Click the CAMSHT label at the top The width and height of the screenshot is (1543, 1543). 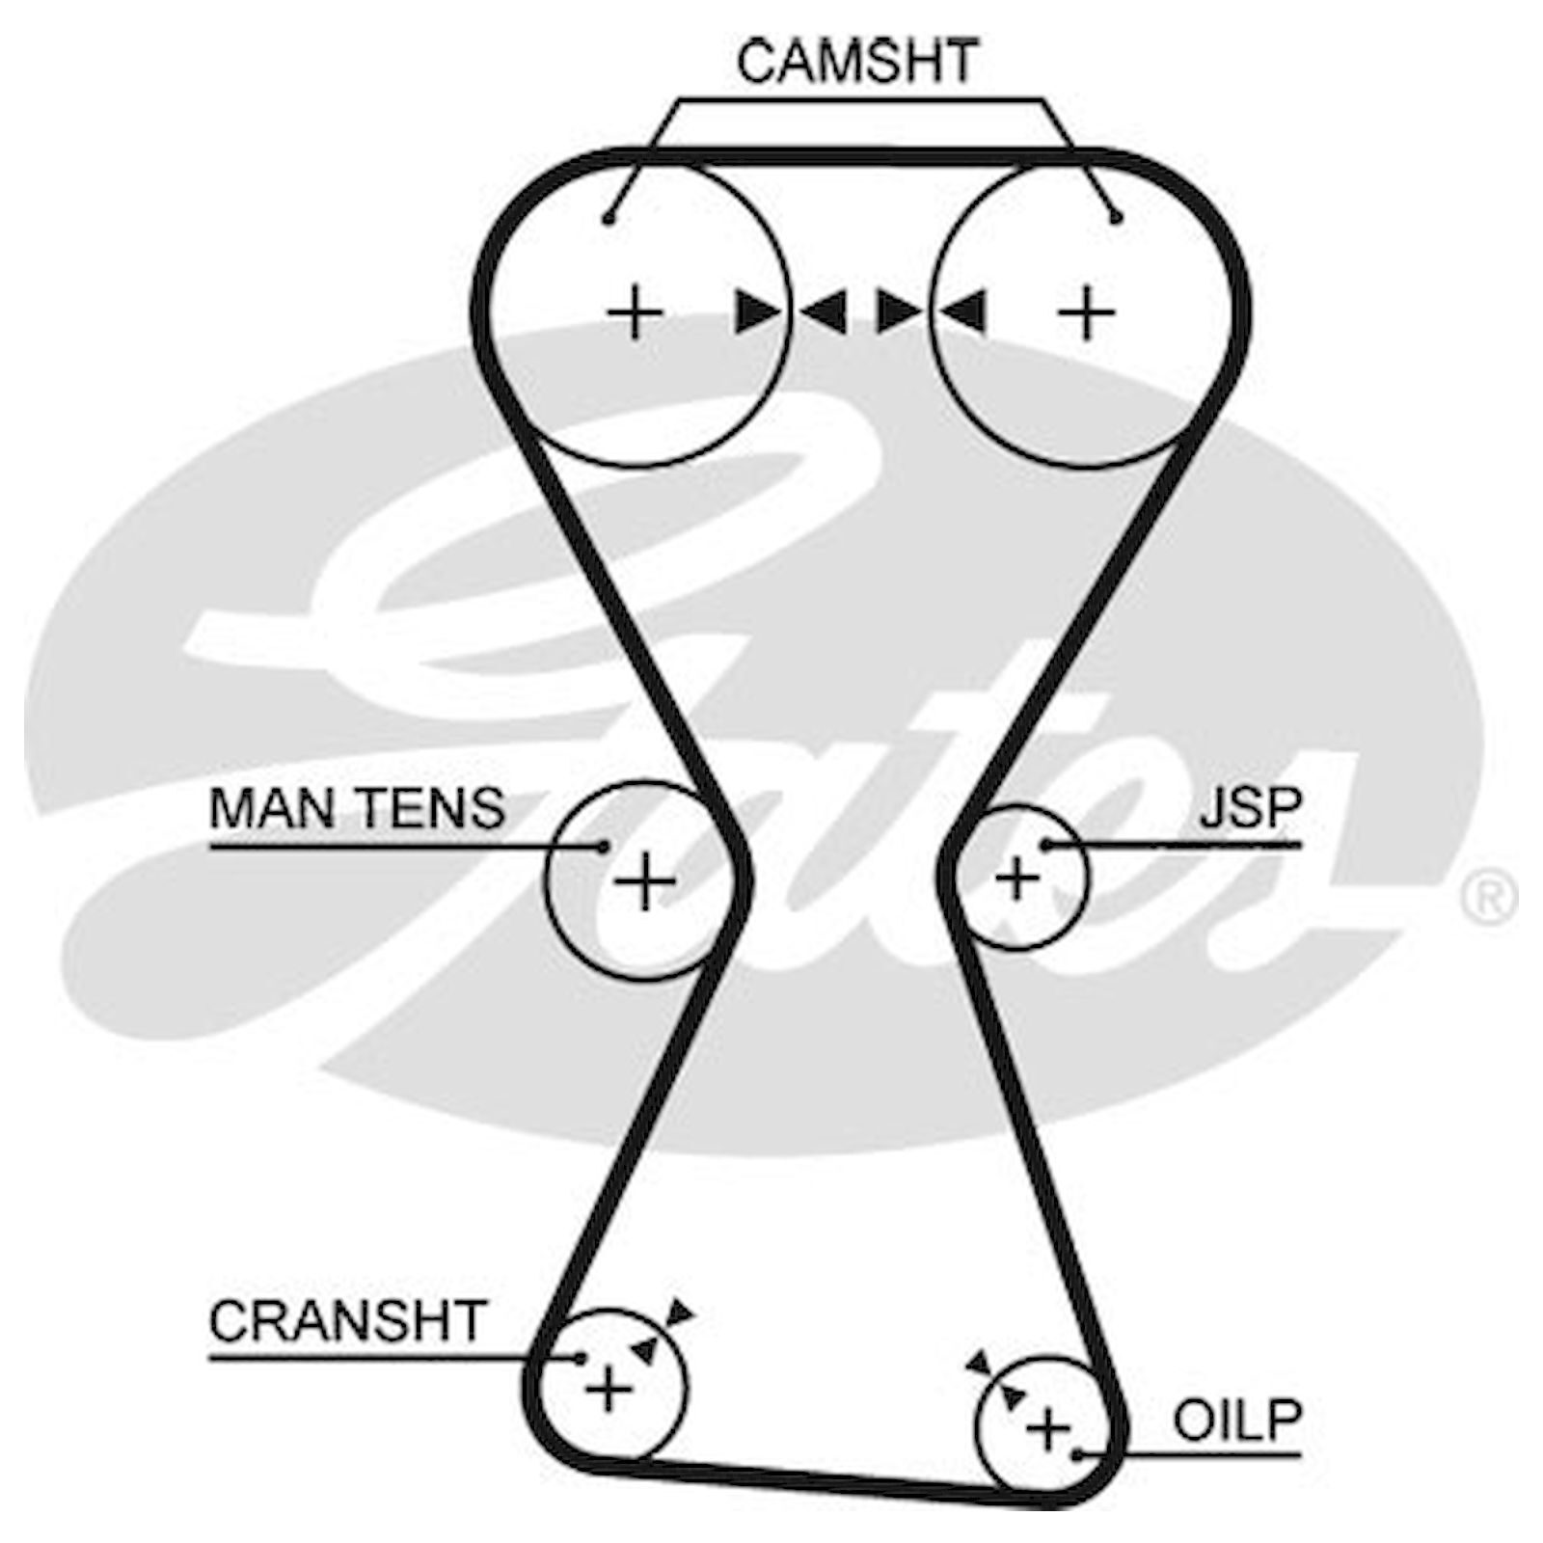point(857,61)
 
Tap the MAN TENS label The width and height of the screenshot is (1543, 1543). point(357,808)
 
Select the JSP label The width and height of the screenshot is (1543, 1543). point(1251,808)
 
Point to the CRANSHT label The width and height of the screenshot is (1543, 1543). point(347,1321)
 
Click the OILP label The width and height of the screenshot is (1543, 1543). point(1237,1421)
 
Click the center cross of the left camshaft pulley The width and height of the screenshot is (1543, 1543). point(635,312)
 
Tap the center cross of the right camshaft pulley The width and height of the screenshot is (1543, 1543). point(1086,312)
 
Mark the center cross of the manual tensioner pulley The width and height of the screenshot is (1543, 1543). point(644,881)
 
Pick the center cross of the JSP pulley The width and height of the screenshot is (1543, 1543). point(1017,879)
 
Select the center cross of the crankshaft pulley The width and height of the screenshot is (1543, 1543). point(609,1390)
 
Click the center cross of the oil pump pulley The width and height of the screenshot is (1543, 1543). point(1048,1428)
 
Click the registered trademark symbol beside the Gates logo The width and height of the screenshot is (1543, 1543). point(1488,898)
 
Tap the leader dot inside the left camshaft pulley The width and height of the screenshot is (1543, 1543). point(608,220)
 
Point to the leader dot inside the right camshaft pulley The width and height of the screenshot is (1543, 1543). point(1116,219)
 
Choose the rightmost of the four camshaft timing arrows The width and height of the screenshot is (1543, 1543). point(961,311)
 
